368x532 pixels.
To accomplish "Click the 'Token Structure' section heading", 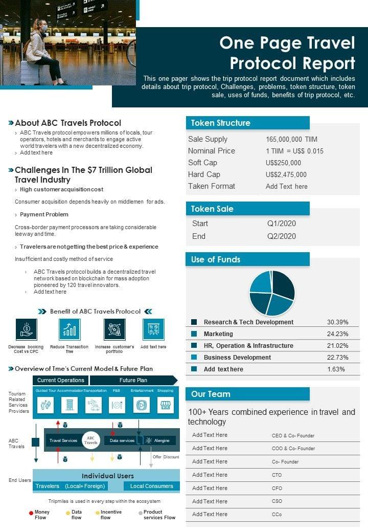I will [x=220, y=123].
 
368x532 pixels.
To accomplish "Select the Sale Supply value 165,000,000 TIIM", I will [x=291, y=139].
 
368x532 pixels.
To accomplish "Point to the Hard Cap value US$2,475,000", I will [x=286, y=174].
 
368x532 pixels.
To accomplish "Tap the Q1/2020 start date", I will [x=282, y=224].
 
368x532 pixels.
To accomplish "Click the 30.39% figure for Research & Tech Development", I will [x=337, y=322].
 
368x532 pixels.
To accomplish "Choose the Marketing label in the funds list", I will [x=218, y=334].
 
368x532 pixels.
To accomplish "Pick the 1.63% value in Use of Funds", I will [x=336, y=369].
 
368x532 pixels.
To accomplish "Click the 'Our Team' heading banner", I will [x=211, y=394].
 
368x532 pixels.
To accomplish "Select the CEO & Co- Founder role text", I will [x=293, y=436].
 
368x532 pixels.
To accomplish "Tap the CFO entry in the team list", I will [x=277, y=488].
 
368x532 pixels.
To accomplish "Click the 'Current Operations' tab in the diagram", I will [x=61, y=380].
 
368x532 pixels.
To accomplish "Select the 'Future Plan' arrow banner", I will [x=133, y=380].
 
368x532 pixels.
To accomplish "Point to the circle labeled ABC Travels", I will [x=90, y=440].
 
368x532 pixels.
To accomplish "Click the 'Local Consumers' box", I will [x=152, y=486].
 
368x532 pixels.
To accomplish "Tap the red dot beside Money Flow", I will [x=31, y=512].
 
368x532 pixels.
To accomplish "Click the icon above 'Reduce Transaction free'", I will [x=70, y=329].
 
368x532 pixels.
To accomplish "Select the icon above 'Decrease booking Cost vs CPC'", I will [x=26, y=329].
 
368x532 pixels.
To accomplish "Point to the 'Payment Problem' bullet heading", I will [x=44, y=214].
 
